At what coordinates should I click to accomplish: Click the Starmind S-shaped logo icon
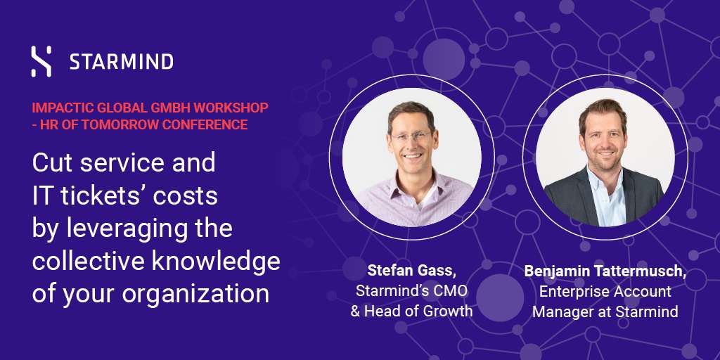pos(41,61)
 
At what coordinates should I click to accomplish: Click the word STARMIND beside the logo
pos(121,62)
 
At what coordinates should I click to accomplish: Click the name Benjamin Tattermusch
pos(605,271)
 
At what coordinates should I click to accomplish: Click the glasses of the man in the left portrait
pos(411,136)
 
